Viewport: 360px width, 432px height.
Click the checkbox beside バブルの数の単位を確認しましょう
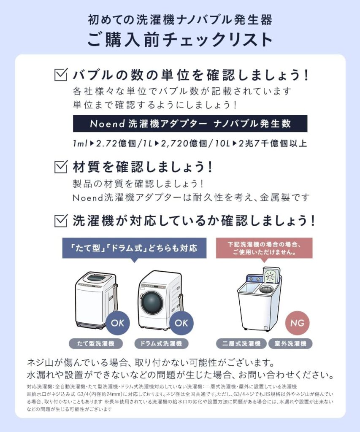click(x=61, y=75)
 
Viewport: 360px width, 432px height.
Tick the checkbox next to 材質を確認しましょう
click(x=61, y=167)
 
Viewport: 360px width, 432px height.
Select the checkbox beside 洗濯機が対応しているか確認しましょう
click(x=61, y=221)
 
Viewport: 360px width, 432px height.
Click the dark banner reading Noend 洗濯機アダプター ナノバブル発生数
click(x=190, y=124)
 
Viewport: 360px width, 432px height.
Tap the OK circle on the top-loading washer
click(x=118, y=323)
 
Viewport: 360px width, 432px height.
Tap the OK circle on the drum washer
click(x=181, y=323)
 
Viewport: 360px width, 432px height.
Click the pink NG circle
click(x=298, y=323)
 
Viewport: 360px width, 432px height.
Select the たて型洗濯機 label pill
click(x=96, y=343)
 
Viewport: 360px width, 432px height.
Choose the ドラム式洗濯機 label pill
click(x=161, y=343)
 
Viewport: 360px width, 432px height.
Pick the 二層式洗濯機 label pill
click(x=241, y=343)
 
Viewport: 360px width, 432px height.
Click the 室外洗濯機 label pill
click(x=290, y=343)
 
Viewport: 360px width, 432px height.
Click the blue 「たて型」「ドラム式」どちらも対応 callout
click(x=134, y=248)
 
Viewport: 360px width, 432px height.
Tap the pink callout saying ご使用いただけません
click(x=264, y=248)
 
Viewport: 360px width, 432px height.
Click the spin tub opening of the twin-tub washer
click(x=266, y=289)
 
